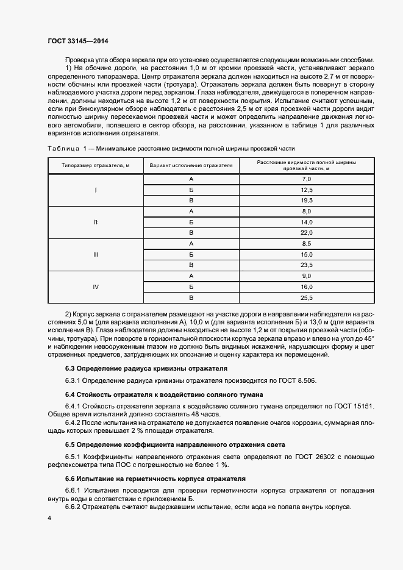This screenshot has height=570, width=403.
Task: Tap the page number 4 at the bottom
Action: click(x=49, y=518)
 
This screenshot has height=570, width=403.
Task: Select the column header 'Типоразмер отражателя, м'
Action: click(x=95, y=165)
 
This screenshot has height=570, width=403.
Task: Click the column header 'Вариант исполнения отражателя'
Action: click(x=191, y=165)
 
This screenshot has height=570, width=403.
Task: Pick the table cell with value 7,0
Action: click(x=307, y=179)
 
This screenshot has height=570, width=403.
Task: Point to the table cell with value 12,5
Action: click(x=307, y=190)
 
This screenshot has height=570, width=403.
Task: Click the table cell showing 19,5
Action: click(x=307, y=201)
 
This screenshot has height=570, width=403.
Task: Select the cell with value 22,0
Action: click(x=307, y=233)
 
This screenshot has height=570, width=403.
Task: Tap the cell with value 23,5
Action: click(x=307, y=265)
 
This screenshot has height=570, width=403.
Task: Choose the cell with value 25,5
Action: click(x=307, y=297)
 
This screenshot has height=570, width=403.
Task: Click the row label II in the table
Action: click(x=95, y=222)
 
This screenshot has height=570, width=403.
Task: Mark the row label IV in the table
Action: click(x=95, y=287)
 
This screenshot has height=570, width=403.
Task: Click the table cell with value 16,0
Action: click(x=307, y=287)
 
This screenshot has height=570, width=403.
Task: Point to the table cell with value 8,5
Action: click(x=307, y=244)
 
